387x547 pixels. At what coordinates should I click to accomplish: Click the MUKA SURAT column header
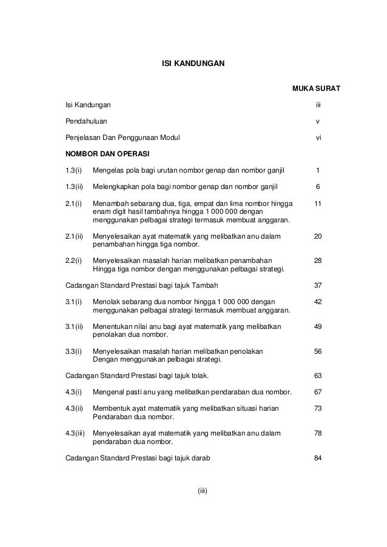tap(316, 90)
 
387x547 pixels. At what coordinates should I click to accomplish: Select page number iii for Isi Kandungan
tap(317, 105)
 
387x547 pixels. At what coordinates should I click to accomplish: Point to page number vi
tap(317, 137)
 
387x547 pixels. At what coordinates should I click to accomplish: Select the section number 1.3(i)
tap(75, 170)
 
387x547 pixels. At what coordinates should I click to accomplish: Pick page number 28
tap(317, 260)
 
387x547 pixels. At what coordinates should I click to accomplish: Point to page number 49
tap(317, 326)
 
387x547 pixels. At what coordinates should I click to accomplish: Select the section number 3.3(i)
tap(75, 351)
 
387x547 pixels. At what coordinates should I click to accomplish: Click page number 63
tap(317, 375)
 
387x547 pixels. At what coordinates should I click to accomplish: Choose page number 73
tap(317, 409)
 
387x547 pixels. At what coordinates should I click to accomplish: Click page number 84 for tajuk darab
tap(317, 458)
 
